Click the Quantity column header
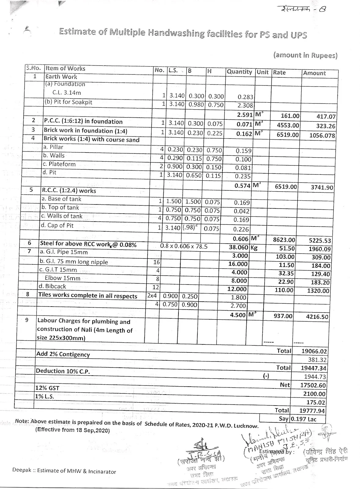(x=239, y=72)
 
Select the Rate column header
(x=279, y=72)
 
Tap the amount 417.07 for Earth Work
(x=326, y=116)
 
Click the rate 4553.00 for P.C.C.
(x=288, y=125)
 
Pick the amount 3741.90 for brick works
(x=322, y=187)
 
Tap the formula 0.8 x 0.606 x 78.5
(x=184, y=246)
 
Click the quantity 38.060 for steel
(x=238, y=248)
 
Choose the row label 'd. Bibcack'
(x=52, y=286)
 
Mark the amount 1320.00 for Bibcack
(x=318, y=291)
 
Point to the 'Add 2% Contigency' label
(x=63, y=354)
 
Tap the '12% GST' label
(x=48, y=388)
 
